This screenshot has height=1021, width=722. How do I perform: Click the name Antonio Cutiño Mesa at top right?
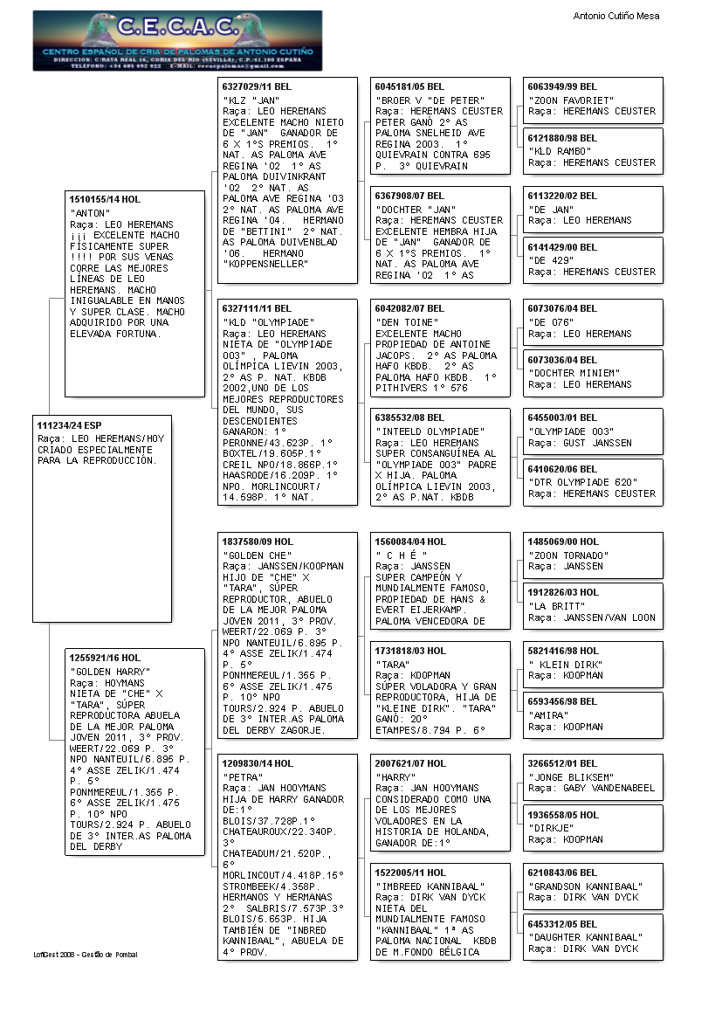[x=615, y=16]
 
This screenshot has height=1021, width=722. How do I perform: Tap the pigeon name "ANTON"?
[x=90, y=212]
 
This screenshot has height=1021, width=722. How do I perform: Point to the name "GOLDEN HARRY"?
[x=108, y=671]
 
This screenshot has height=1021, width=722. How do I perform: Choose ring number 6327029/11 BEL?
[x=257, y=87]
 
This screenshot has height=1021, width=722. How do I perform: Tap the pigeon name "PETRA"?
[x=244, y=776]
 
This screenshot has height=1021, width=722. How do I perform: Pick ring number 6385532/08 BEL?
[x=409, y=418]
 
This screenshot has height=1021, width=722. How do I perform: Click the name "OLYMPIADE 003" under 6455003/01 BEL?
[x=571, y=431]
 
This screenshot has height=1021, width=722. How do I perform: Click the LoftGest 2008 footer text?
[x=86, y=955]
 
